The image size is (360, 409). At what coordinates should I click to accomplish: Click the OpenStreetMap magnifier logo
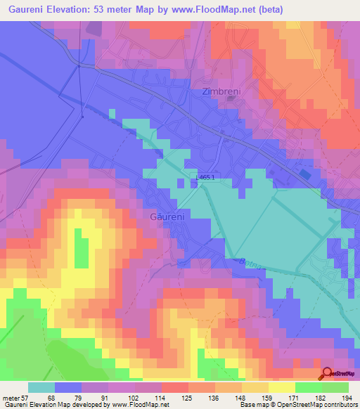pos(328,375)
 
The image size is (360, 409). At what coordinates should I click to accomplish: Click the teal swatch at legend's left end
pos(41,387)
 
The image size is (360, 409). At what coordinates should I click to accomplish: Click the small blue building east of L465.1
pos(304,173)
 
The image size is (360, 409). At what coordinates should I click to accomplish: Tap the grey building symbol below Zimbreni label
pos(231,99)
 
